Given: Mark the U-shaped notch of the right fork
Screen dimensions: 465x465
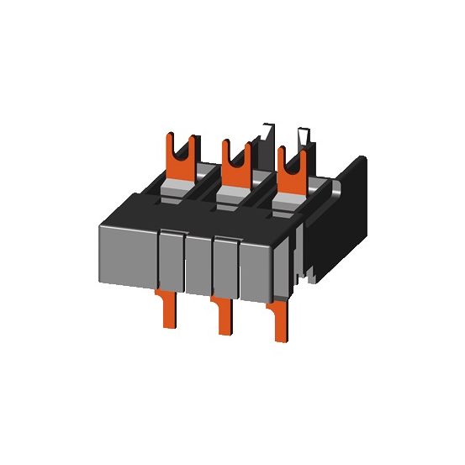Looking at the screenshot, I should [x=291, y=158].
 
